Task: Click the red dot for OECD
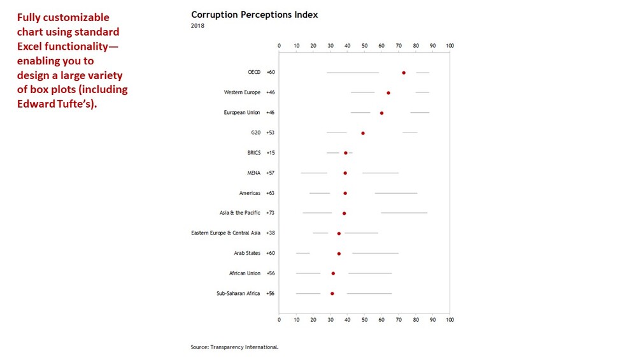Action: (x=404, y=73)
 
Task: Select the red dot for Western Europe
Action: (x=388, y=93)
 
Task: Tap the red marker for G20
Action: (x=363, y=133)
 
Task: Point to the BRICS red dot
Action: (x=346, y=153)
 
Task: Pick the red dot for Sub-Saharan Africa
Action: (x=332, y=294)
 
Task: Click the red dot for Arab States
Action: (x=339, y=254)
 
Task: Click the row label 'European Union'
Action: (x=242, y=113)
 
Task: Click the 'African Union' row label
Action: (x=245, y=273)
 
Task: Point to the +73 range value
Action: (x=271, y=213)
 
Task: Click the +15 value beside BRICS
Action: (x=271, y=153)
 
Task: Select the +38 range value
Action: (x=271, y=233)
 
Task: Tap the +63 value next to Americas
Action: (x=271, y=193)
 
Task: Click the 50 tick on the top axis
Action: (x=364, y=46)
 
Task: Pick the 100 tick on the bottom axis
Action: (x=450, y=319)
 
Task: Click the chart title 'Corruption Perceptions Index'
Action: (x=254, y=15)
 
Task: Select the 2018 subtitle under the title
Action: (x=197, y=26)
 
